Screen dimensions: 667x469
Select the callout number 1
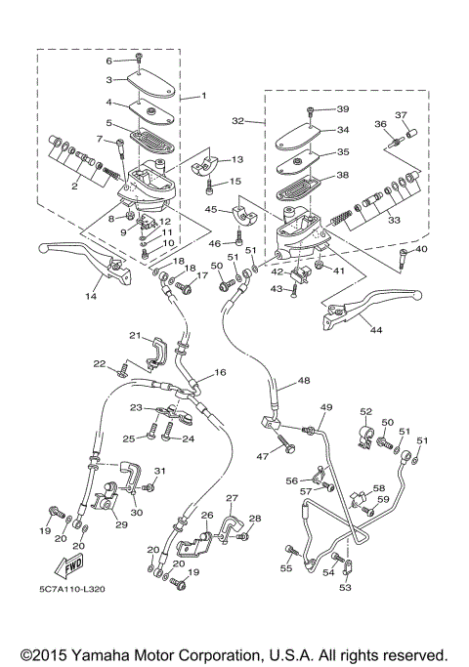coord(205,97)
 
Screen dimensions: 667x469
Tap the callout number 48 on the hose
coord(304,381)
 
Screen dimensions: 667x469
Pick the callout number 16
coord(220,372)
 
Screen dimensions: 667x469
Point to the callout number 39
coord(342,108)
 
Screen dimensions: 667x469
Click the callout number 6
coord(110,61)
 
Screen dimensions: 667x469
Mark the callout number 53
coord(344,588)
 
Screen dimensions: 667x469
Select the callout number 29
coord(121,524)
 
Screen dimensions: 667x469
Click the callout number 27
coord(232,498)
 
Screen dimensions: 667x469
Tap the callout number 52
coord(365,412)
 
